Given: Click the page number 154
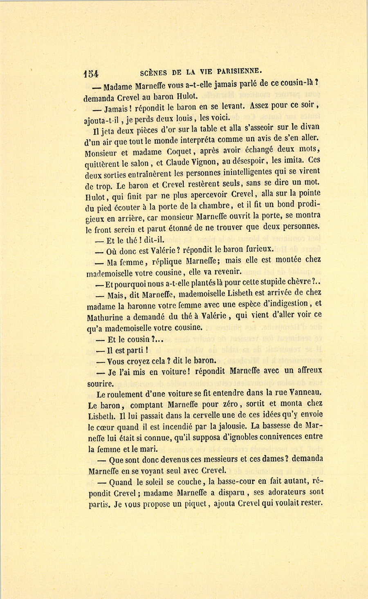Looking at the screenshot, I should coord(91,73).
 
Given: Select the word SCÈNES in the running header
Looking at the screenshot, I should coord(153,73).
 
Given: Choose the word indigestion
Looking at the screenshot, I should coord(285,303).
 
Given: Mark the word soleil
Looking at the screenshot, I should coord(157,482).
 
